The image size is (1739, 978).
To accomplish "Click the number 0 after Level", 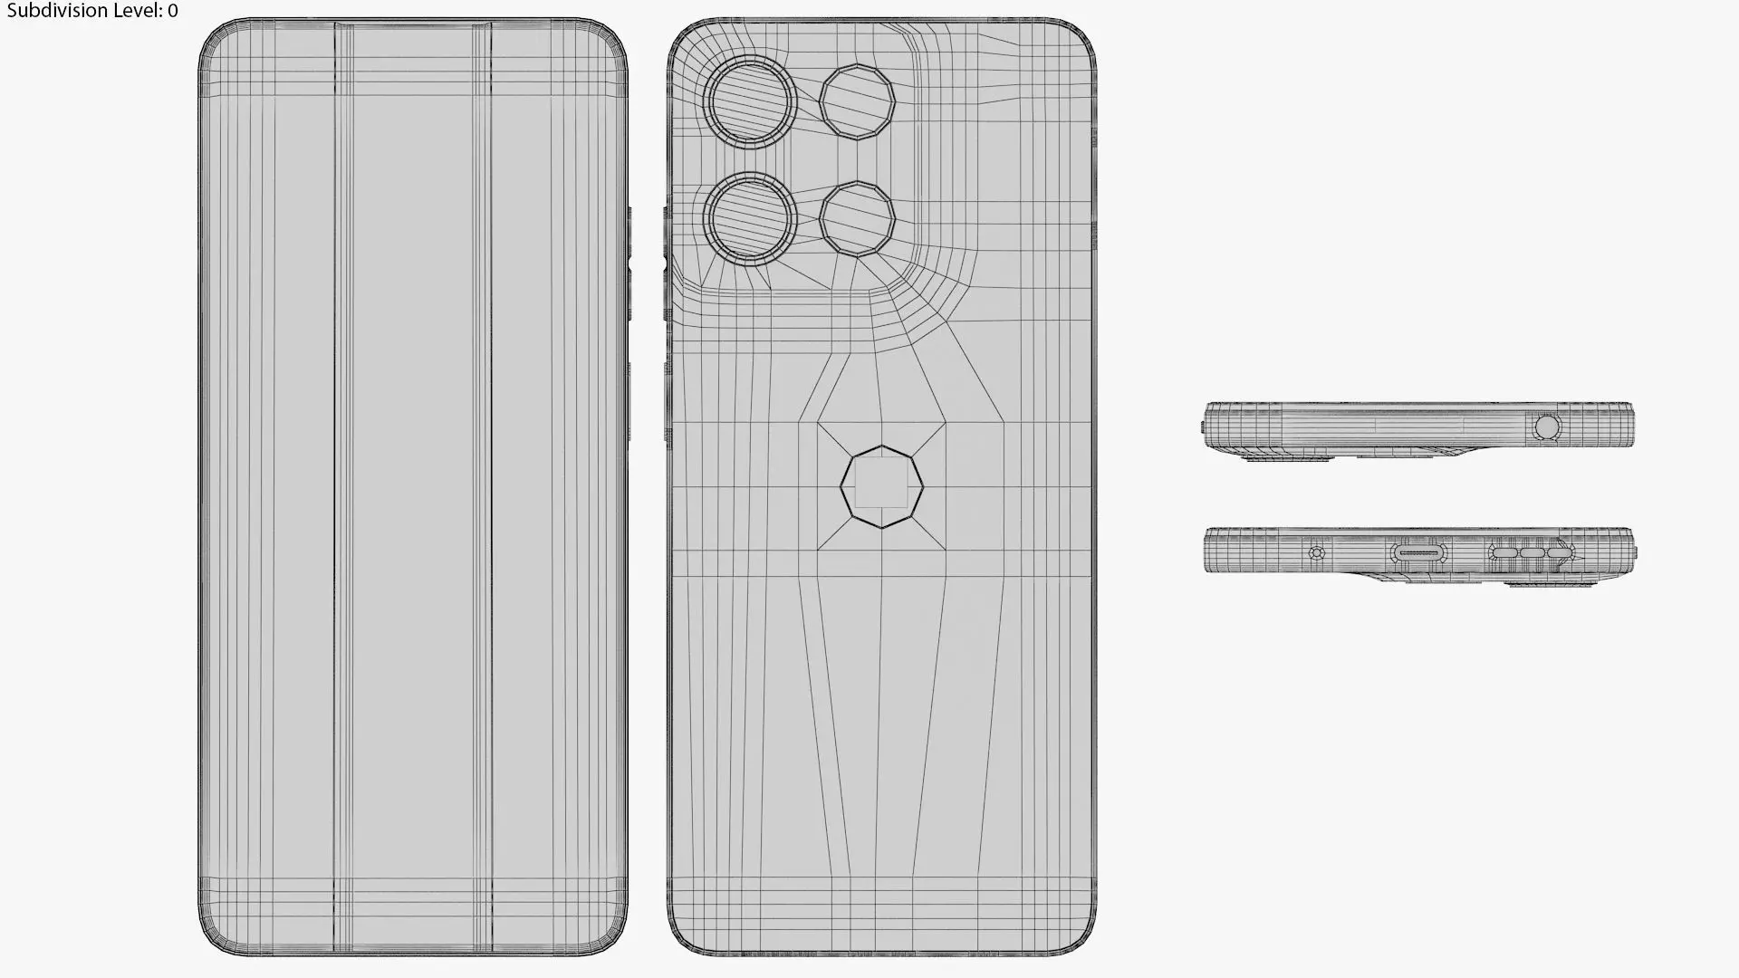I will (173, 11).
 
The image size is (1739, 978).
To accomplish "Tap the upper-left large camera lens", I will (750, 101).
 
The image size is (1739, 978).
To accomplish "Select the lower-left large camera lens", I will (750, 218).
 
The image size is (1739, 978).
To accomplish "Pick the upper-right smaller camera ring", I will (858, 101).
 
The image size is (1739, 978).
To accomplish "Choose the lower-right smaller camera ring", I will (858, 218).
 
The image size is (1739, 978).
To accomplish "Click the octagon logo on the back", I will (881, 486).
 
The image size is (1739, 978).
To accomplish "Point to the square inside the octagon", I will (881, 483).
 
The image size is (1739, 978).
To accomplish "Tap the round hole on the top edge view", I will (1547, 427).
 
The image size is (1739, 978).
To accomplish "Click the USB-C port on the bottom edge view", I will (1419, 552).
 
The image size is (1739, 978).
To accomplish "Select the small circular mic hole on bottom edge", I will (1317, 552).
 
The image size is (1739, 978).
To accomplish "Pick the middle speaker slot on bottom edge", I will (1532, 552).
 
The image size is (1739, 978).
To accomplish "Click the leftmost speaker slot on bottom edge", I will (1504, 552).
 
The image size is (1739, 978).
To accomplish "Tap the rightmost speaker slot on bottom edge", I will (1559, 552).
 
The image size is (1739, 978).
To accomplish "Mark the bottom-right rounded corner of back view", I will (1083, 942).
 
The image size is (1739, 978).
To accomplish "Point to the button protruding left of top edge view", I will (1202, 427).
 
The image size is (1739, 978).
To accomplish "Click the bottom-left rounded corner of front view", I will (210, 942).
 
